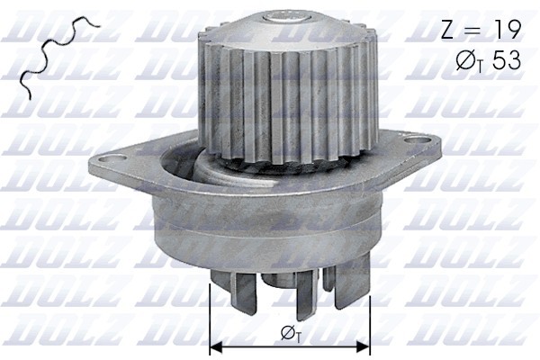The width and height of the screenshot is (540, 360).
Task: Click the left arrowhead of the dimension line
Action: click(x=215, y=346)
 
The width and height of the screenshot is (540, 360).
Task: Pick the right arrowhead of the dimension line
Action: click(x=364, y=346)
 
